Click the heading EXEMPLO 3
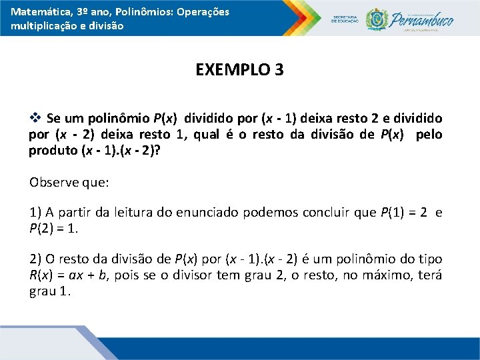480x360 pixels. (x=239, y=69)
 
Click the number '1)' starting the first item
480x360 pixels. (x=35, y=213)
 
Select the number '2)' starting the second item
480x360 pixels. (x=35, y=259)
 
